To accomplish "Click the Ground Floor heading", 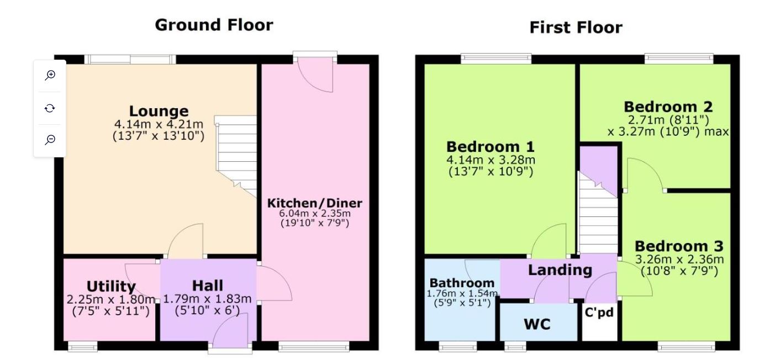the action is [x=214, y=25].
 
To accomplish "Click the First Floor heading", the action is [x=576, y=28].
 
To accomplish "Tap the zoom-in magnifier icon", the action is [x=50, y=75].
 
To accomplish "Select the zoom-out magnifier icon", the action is [x=50, y=140].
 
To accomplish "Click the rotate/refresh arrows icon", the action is [x=50, y=108].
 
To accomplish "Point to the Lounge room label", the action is [x=159, y=111].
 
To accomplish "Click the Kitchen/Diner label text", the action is [x=314, y=203].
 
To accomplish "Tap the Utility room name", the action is [x=111, y=287].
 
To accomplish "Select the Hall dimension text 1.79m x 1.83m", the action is [x=207, y=299].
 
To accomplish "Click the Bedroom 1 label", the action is [x=491, y=147].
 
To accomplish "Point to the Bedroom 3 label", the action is [x=679, y=246].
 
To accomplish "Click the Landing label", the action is [x=560, y=270].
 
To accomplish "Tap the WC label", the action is [x=537, y=324].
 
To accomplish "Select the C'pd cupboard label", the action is [x=599, y=313].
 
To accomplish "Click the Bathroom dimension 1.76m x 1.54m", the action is [x=462, y=294].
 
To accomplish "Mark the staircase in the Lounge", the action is [x=236, y=156].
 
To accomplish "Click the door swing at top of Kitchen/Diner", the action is [x=315, y=75].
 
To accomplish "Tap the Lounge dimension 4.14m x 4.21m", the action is [x=159, y=124].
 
